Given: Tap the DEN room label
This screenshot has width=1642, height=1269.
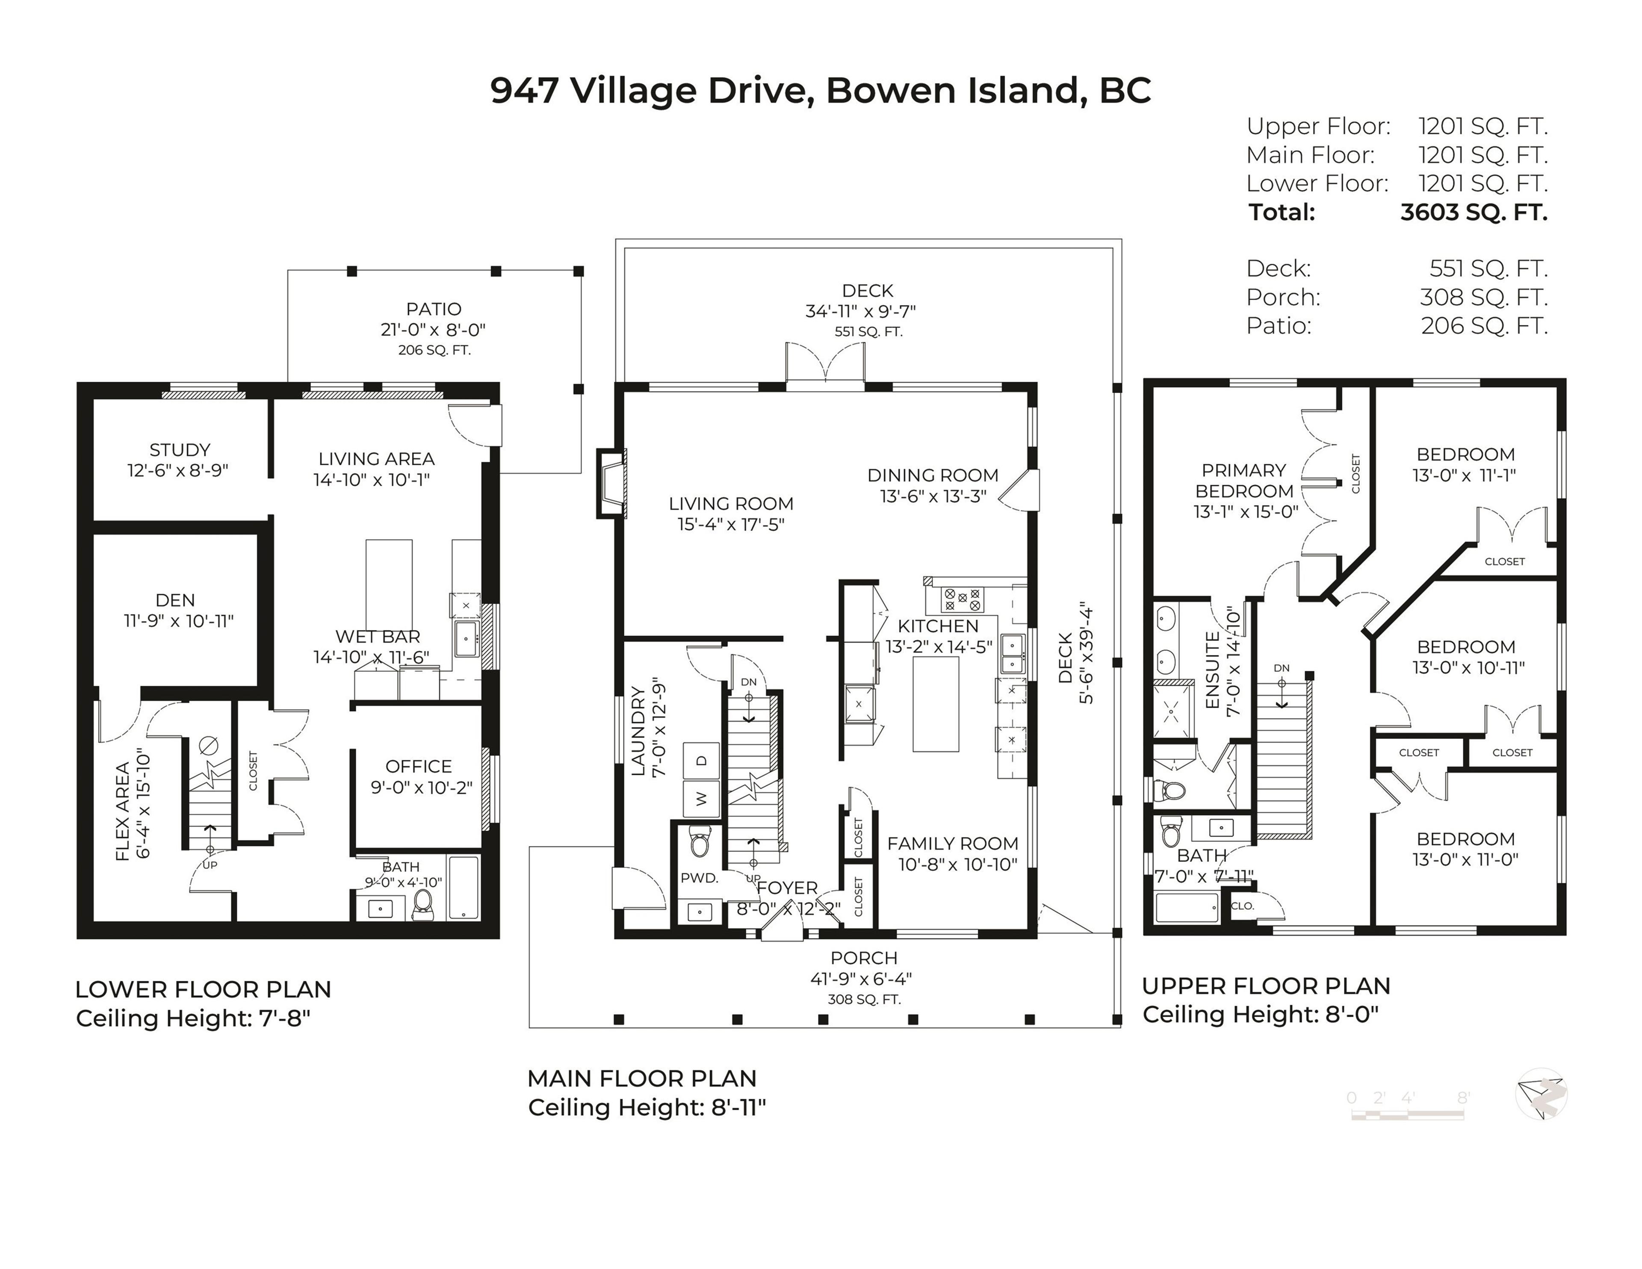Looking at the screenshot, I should click(x=175, y=600).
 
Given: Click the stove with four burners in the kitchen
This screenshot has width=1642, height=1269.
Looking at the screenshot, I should click(x=963, y=599).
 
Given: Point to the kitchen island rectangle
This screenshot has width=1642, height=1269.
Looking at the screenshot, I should click(x=935, y=704).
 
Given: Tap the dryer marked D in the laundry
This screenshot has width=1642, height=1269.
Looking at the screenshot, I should click(x=701, y=761).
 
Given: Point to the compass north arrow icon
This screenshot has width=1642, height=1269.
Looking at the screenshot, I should click(x=1541, y=1094).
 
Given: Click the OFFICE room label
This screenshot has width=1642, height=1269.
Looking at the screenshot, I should click(x=419, y=766).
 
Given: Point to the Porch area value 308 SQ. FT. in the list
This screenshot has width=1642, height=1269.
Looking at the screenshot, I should click(x=1483, y=298).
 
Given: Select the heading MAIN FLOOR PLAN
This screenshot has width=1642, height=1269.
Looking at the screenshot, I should click(x=641, y=1078).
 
